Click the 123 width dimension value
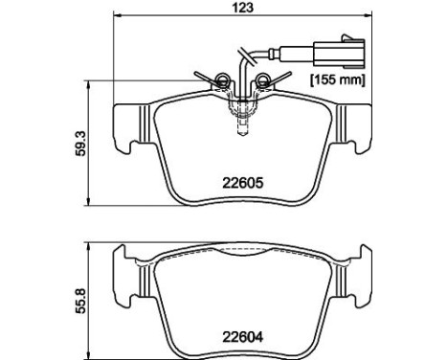click(x=243, y=8)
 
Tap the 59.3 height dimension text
click(x=81, y=144)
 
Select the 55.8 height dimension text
click(x=81, y=301)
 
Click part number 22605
click(x=243, y=183)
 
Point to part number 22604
click(x=243, y=337)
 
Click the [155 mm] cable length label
click(x=338, y=79)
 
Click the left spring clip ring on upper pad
click(x=222, y=79)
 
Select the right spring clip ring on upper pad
click(x=263, y=79)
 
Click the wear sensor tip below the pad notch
click(x=242, y=127)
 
